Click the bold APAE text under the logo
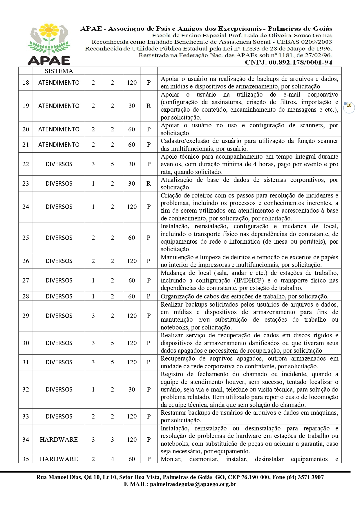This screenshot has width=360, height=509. pyautogui.click(x=49, y=60)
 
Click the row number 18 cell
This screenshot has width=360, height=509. pyautogui.click(x=26, y=83)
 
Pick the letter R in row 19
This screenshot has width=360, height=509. pyautogui.click(x=149, y=106)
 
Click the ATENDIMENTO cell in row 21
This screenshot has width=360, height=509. pyautogui.click(x=59, y=145)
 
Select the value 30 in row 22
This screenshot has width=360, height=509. pyautogui.click(x=132, y=164)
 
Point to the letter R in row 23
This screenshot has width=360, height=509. pyautogui.click(x=149, y=184)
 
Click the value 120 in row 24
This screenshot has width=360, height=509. pyautogui.click(x=132, y=207)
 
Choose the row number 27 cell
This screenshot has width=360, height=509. pyautogui.click(x=26, y=280)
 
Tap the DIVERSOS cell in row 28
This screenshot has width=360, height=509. pyautogui.click(x=59, y=296)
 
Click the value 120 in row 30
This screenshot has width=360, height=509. pyautogui.click(x=132, y=343)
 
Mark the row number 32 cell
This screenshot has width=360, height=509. pyautogui.click(x=26, y=390)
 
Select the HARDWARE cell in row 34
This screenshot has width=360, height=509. pyautogui.click(x=59, y=440)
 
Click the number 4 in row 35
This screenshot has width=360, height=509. pyautogui.click(x=112, y=459)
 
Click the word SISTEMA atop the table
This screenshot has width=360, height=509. pyautogui.click(x=59, y=71)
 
